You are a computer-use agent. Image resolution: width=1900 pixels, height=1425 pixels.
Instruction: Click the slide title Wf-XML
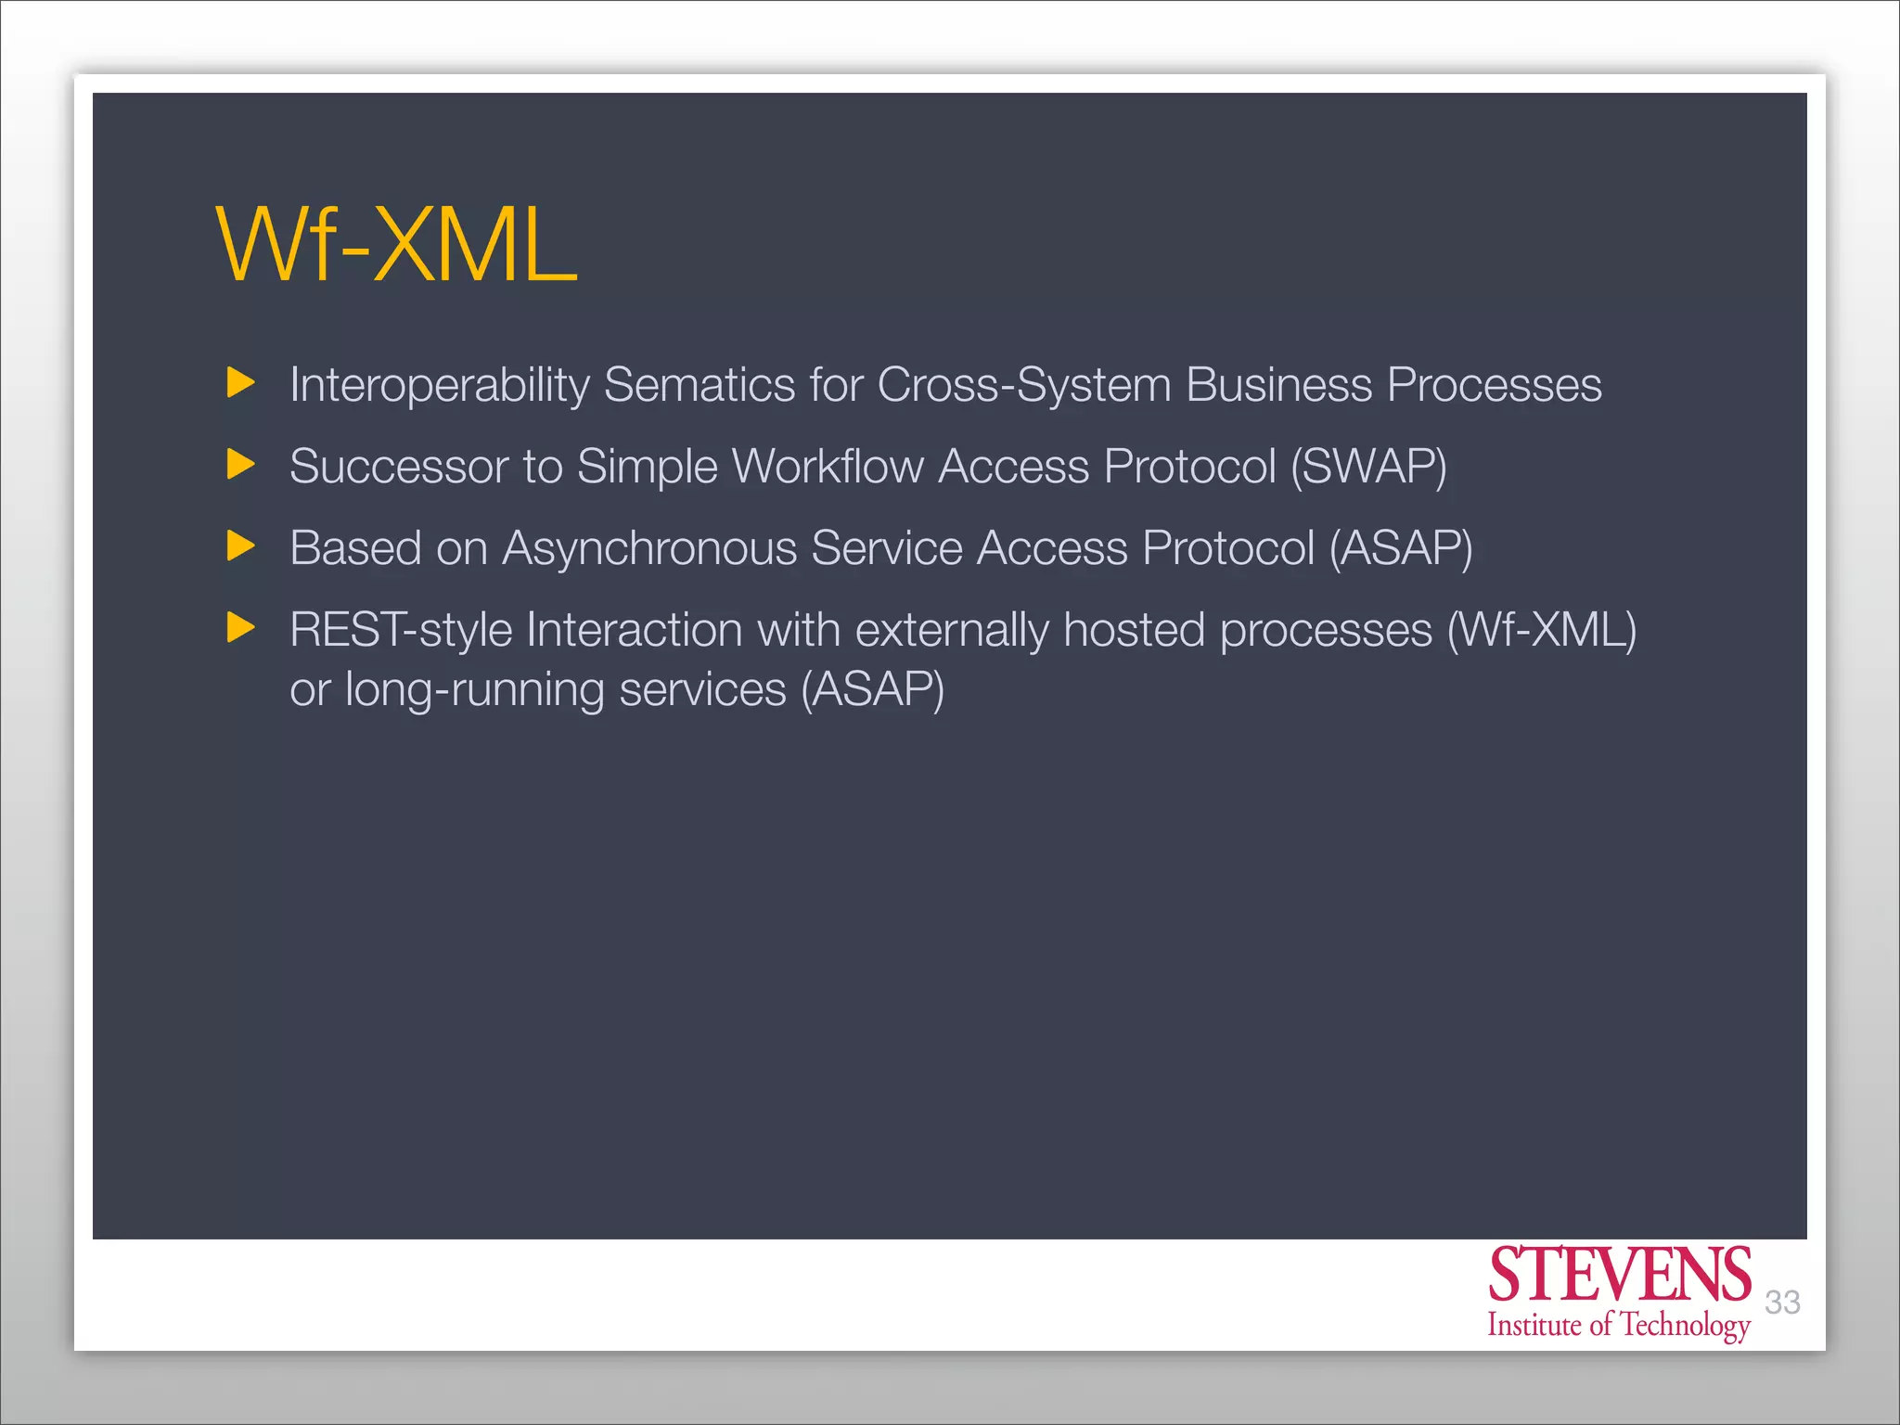(x=396, y=245)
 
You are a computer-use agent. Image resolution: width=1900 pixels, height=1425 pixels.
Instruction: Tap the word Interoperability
(x=439, y=385)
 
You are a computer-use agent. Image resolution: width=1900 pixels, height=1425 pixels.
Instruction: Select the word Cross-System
(x=1024, y=385)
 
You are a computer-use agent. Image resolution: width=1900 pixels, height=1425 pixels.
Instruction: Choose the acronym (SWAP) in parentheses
(x=1368, y=466)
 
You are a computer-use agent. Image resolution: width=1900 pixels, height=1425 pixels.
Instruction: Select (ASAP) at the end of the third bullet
(x=1401, y=547)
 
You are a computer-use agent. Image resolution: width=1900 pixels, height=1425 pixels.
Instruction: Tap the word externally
(x=952, y=630)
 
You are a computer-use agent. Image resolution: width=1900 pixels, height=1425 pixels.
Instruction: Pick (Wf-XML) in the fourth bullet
(x=1542, y=630)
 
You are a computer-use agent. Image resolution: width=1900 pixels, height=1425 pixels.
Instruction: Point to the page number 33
(x=1782, y=1303)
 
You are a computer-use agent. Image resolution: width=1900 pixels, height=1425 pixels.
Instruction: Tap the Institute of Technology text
(x=1619, y=1325)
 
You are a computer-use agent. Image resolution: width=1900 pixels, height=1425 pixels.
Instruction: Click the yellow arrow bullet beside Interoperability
(x=240, y=382)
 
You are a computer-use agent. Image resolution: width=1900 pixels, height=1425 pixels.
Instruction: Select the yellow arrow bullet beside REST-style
(x=240, y=628)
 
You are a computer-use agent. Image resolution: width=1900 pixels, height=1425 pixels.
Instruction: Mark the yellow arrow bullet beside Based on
(x=240, y=546)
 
